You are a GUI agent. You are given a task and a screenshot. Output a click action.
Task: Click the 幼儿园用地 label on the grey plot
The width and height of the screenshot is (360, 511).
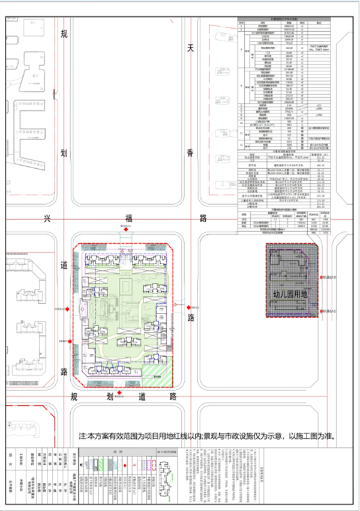tap(290, 294)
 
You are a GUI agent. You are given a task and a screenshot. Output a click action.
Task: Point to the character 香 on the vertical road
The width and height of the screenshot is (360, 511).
tap(191, 154)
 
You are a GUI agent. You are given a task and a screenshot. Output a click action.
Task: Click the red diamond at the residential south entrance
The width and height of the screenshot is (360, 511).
tap(121, 393)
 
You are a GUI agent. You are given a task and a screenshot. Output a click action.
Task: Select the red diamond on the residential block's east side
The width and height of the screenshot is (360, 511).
tap(188, 306)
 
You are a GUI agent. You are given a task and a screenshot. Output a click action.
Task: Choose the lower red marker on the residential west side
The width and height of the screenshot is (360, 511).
tap(71, 341)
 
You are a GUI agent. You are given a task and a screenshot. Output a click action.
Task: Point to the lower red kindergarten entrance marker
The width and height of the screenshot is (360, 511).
tap(322, 310)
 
